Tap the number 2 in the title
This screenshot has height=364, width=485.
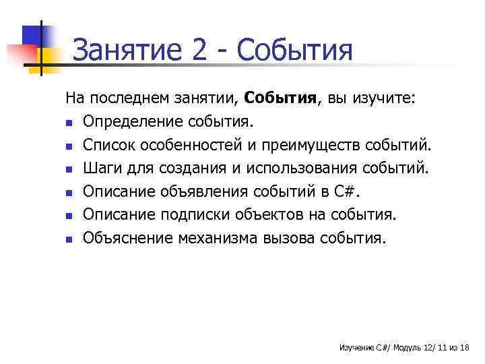pos(200,51)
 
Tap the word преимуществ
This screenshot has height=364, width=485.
pos(316,145)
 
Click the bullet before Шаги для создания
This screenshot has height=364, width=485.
pos(69,169)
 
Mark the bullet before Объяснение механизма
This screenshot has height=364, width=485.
pos(69,238)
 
